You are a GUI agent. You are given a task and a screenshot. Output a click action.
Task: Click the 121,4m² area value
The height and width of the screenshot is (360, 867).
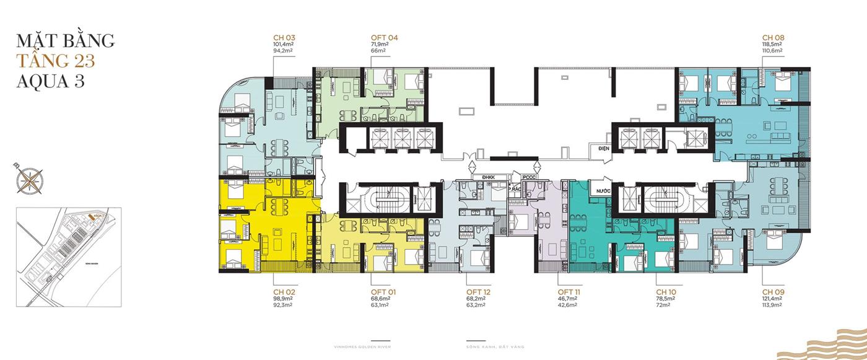pos(773,299)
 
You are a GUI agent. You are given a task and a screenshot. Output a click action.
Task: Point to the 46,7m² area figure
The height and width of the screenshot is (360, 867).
pos(567,299)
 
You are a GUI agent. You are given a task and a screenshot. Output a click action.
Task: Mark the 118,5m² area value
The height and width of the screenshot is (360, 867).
pos(773,45)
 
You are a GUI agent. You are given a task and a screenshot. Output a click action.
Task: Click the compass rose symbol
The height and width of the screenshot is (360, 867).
pos(27,179)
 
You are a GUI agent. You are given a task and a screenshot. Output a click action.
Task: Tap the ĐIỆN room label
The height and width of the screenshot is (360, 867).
pos(600,149)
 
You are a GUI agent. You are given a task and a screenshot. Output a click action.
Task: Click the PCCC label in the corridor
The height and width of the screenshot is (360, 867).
pos(529,177)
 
